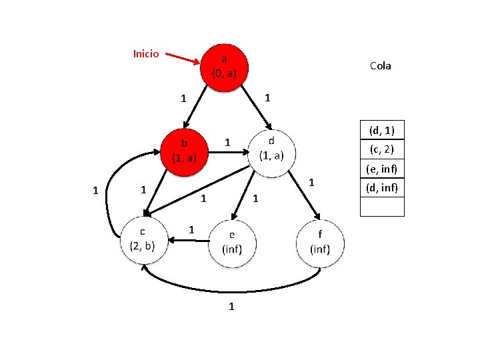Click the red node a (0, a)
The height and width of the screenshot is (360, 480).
(x=223, y=65)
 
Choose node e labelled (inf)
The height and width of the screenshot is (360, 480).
(x=232, y=244)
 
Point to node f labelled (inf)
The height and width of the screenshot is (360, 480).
(x=320, y=243)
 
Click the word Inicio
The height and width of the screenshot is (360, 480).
(x=146, y=53)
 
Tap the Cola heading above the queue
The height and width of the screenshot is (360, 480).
(x=380, y=65)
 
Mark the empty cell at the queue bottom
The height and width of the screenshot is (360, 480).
(x=382, y=207)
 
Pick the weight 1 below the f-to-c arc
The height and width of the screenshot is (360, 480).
(x=231, y=307)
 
